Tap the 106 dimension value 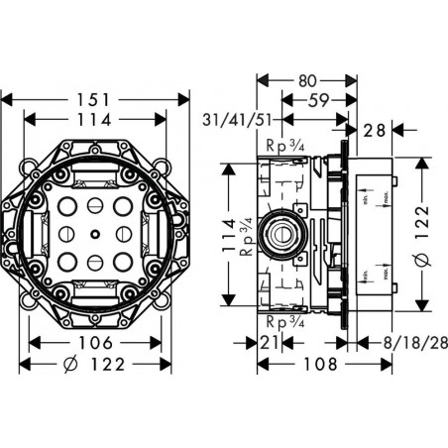[x=95, y=343]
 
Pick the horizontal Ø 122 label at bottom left [x=95, y=365]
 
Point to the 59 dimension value [x=318, y=99]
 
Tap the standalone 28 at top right [x=375, y=129]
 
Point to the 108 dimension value [x=307, y=365]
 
